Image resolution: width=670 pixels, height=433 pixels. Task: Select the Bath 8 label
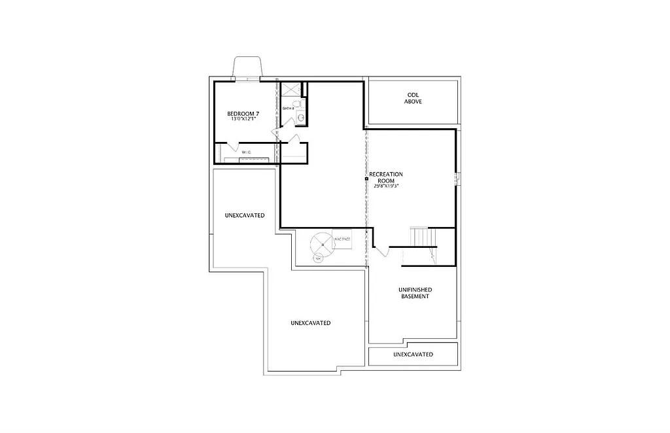tap(287, 108)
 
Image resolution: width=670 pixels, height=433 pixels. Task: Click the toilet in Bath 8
tap(296, 105)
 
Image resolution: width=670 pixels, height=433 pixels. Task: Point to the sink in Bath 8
tap(301, 118)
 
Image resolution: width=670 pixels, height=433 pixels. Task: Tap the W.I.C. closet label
tap(246, 152)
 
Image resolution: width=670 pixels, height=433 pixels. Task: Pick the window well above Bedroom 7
tap(247, 68)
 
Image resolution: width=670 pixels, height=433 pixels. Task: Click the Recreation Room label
tap(386, 177)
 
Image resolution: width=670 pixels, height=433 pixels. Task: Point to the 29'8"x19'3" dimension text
tap(386, 186)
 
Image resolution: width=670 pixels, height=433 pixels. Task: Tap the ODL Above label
tap(413, 98)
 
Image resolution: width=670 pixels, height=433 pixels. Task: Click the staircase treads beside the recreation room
tap(421, 236)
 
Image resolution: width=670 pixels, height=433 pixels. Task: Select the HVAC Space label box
tap(342, 239)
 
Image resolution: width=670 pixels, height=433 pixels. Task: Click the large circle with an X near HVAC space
tap(322, 244)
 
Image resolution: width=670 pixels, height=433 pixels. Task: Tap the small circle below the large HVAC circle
tap(318, 258)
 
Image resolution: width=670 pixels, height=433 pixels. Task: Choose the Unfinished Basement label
tap(415, 292)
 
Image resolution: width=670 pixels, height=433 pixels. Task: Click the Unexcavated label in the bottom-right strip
tap(413, 355)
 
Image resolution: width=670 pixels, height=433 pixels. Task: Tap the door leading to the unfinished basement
tap(381, 251)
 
